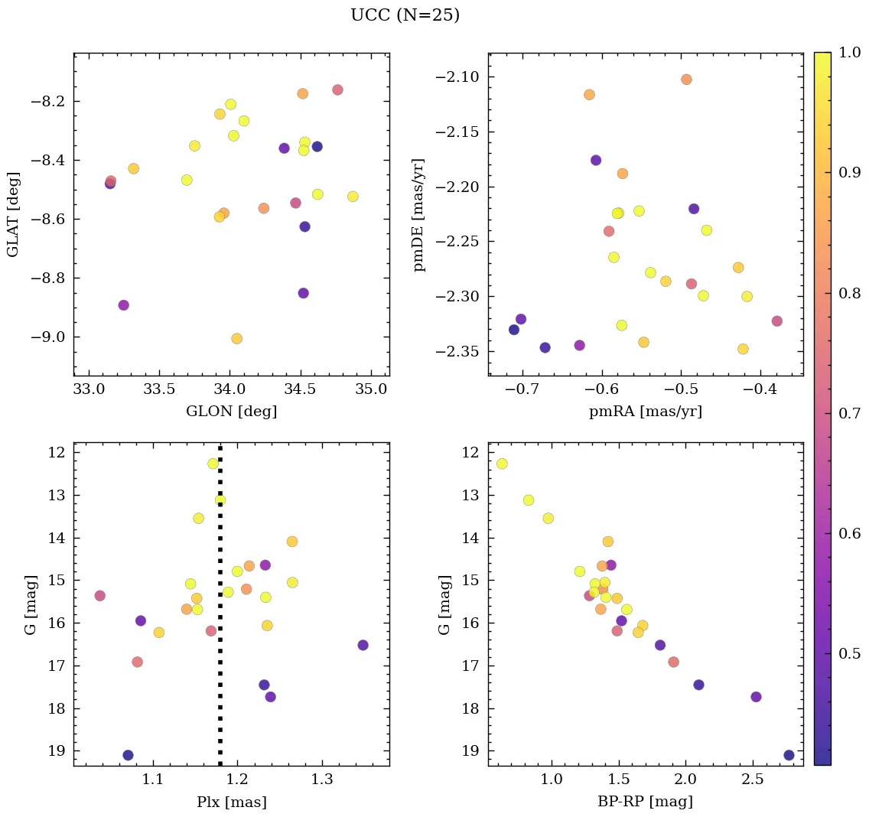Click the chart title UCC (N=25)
click(x=405, y=15)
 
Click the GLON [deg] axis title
click(x=231, y=411)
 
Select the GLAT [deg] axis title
click(x=13, y=214)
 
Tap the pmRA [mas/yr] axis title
click(x=645, y=411)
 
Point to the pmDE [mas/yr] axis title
click(x=418, y=214)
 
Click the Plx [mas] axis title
click(x=231, y=802)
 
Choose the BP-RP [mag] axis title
click(x=645, y=802)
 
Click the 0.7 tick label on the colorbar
click(x=850, y=413)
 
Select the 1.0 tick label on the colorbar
click(x=850, y=54)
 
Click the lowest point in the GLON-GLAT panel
click(x=236, y=338)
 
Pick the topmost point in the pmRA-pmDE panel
click(x=686, y=80)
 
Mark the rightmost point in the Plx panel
click(x=363, y=645)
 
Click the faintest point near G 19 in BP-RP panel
click(x=789, y=755)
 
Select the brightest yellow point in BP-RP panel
click(x=502, y=464)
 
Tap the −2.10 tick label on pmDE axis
click(x=457, y=77)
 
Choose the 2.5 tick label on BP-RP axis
click(x=753, y=780)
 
